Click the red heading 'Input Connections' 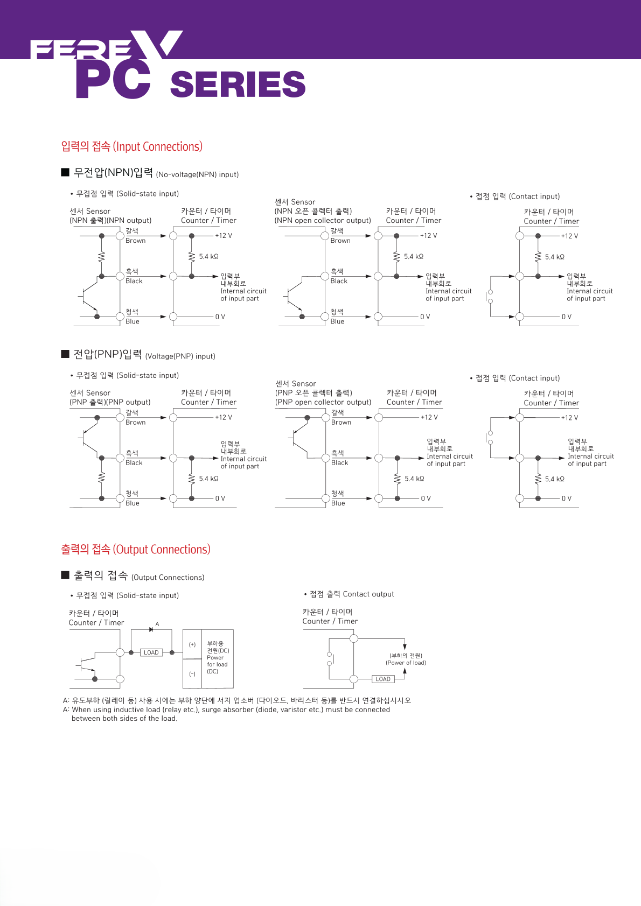(132, 146)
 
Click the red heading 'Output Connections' (136, 549)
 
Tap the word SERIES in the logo (238, 85)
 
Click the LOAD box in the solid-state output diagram (151, 652)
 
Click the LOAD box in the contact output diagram (383, 679)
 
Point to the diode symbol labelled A (151, 629)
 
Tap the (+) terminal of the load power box (192, 644)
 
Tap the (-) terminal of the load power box (192, 674)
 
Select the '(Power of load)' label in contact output (406, 663)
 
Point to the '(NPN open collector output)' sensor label (323, 220)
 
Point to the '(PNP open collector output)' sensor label (323, 402)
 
